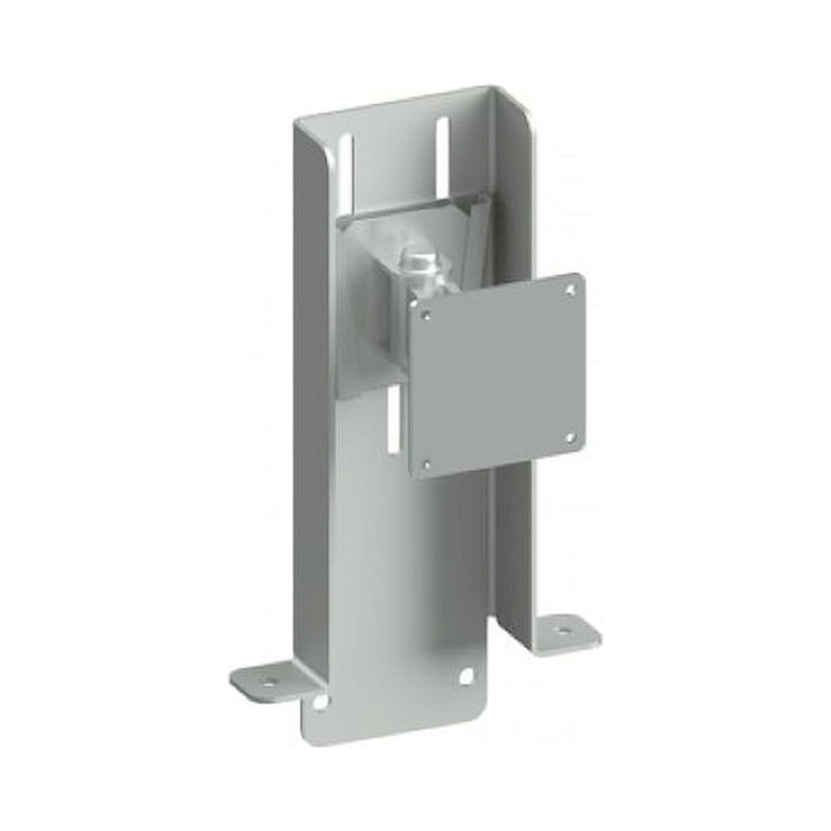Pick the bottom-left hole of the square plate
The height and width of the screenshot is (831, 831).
427,465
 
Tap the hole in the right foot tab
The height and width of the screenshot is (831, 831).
563,630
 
